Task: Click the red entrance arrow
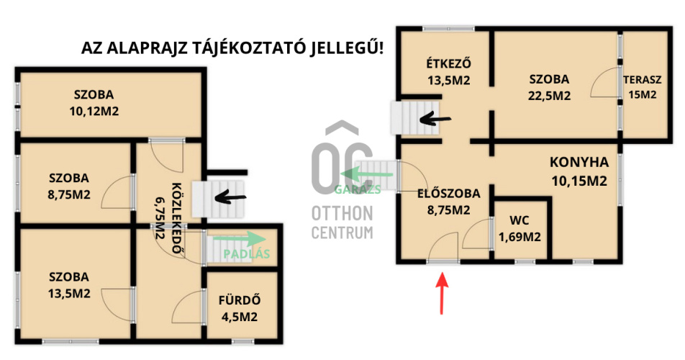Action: coord(443,293)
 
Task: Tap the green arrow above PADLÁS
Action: coord(240,239)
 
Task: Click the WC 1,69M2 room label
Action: coord(520,228)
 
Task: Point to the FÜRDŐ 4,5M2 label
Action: coord(240,308)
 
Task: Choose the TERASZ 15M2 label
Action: coord(642,87)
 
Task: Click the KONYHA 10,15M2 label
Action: coord(579,171)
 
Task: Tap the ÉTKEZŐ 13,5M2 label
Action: coord(449,72)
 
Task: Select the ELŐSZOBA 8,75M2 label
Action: coord(449,202)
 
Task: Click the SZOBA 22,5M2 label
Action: coord(549,87)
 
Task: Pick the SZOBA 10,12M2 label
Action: coord(94,103)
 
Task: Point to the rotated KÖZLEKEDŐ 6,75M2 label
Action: coord(168,217)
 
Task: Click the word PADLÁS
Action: coord(247,253)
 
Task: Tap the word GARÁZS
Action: coord(358,189)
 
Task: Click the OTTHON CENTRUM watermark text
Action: coord(342,222)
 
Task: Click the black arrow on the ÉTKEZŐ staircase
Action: coord(435,118)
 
